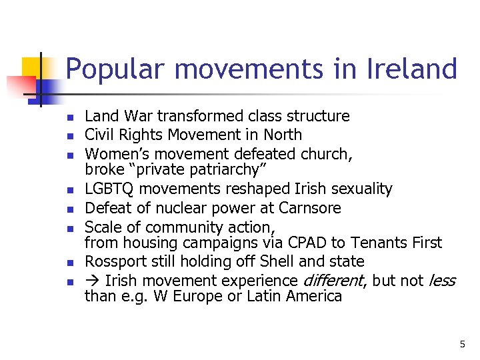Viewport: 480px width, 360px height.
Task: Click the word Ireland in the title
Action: click(414, 69)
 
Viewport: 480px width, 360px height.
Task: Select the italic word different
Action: click(333, 281)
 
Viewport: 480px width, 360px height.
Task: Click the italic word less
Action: click(441, 281)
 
